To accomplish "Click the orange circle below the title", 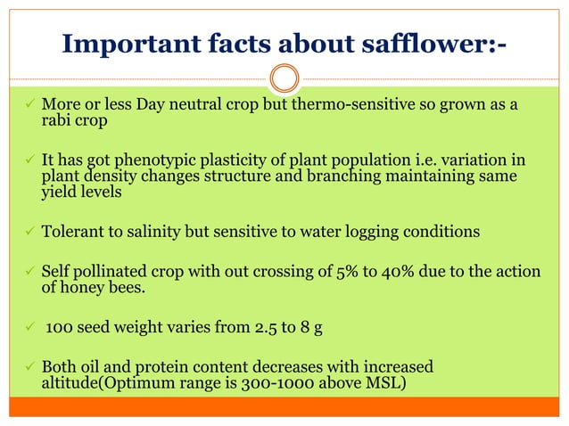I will click(284, 78).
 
